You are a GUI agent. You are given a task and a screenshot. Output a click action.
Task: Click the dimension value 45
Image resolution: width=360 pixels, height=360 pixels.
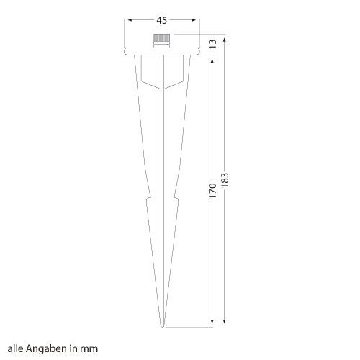click(161, 20)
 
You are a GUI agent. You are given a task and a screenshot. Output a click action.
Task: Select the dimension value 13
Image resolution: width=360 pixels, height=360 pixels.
click(212, 44)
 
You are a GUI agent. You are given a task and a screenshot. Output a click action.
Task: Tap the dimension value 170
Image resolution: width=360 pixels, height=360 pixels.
click(212, 191)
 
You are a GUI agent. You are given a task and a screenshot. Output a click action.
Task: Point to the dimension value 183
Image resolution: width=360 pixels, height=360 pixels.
click(225, 180)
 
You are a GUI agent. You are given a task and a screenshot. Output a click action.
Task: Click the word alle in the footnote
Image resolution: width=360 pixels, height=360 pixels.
click(16, 348)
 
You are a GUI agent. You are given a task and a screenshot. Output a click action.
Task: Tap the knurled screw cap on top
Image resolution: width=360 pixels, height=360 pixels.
click(162, 40)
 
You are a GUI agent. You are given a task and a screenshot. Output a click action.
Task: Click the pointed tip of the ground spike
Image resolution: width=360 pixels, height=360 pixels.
click(163, 326)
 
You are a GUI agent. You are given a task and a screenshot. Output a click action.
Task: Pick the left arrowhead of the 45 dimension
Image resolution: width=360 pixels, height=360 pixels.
click(130, 20)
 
